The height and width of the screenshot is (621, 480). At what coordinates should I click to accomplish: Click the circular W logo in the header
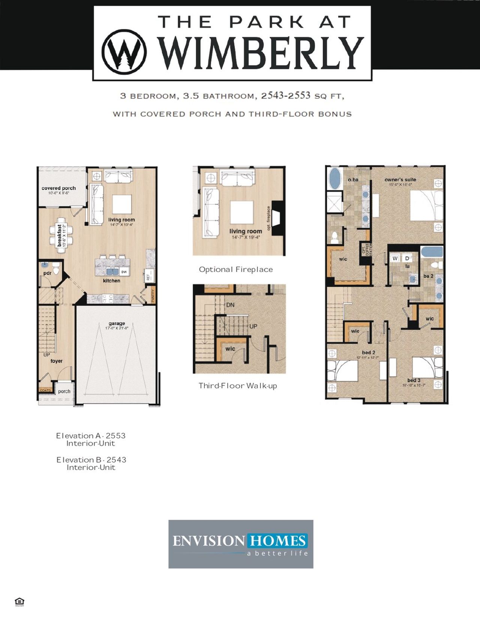124,51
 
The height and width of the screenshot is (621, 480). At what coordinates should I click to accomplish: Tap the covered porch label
58,188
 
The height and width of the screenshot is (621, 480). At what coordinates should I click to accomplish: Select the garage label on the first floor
117,323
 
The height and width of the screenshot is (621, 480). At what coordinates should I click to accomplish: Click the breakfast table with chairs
59,235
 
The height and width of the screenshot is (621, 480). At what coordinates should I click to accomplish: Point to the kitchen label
111,280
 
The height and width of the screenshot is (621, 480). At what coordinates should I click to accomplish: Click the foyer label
56,361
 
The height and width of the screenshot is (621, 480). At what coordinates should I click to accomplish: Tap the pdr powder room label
47,273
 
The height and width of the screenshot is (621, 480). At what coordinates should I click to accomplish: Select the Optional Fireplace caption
235,270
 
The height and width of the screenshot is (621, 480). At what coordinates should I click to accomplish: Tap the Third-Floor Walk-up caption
237,386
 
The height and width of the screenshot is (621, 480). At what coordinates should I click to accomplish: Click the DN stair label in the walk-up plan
230,305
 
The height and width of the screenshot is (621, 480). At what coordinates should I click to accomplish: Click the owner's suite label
400,180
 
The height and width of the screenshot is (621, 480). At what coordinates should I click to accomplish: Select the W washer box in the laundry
395,258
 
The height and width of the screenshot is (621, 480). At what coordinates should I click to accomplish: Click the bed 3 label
414,380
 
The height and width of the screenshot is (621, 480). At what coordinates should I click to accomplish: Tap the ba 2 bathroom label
428,276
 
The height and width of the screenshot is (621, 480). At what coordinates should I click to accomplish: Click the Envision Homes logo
240,544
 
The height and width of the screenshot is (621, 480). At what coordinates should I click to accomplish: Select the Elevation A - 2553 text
91,436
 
